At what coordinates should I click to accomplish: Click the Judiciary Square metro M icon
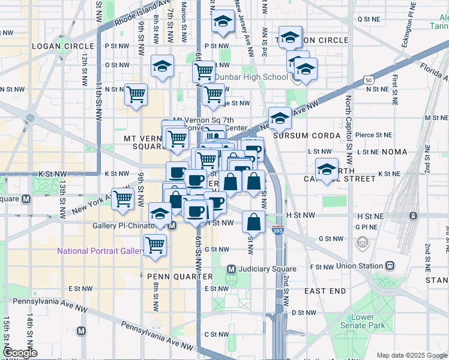pos(232,268)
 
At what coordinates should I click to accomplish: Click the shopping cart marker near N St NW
pos(136,94)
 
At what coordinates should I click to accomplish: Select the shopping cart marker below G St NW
pos(155,245)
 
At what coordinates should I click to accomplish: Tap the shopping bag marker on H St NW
pos(254,222)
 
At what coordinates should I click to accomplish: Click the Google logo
pos(20,353)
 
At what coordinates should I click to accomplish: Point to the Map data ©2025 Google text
pos(411,355)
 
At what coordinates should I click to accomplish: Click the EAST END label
pos(325,291)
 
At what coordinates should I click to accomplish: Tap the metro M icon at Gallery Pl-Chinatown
pos(172,226)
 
